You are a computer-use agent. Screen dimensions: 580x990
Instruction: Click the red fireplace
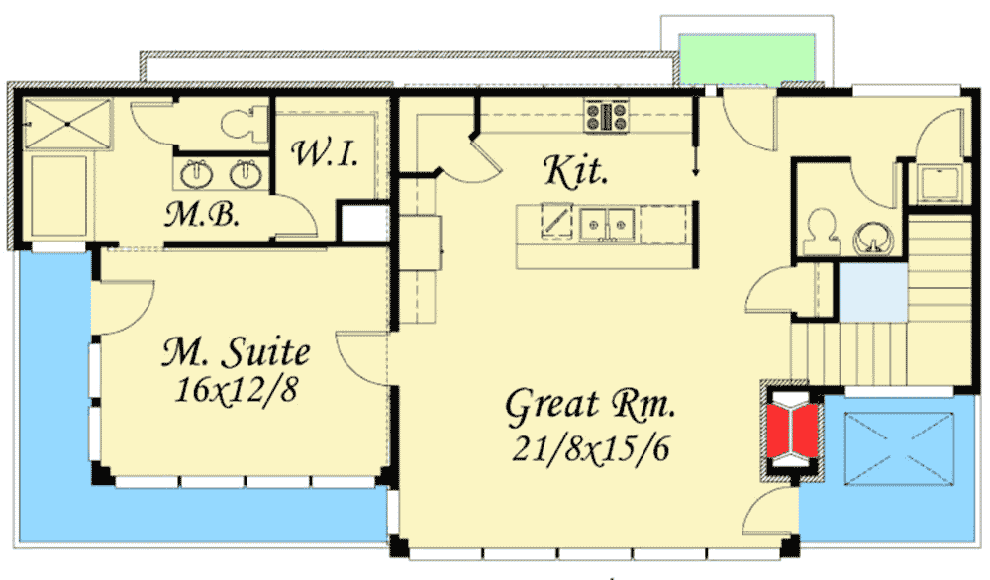(x=792, y=432)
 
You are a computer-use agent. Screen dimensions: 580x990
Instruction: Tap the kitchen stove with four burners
(x=607, y=116)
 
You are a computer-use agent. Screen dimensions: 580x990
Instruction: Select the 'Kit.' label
(x=574, y=172)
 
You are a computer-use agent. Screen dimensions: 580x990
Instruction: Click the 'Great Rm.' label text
(x=591, y=405)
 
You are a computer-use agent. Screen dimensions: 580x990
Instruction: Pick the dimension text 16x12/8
(x=236, y=390)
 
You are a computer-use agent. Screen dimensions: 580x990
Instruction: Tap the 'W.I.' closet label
(x=323, y=154)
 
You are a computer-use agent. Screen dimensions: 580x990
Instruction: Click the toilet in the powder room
(x=819, y=233)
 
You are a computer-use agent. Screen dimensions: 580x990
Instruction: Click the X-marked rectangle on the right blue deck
(x=899, y=442)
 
